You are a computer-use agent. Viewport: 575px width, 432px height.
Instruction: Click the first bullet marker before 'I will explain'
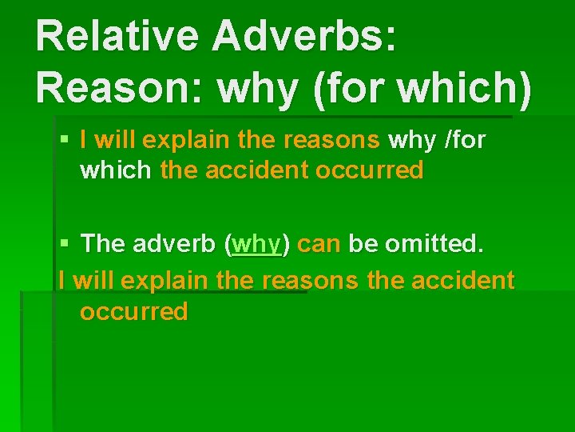[65, 141]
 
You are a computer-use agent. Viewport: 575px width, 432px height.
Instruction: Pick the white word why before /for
[411, 140]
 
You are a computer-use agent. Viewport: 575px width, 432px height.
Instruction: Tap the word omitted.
[434, 243]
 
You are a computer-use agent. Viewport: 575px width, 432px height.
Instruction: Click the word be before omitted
[363, 243]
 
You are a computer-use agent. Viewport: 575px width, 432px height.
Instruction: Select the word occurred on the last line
[133, 311]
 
